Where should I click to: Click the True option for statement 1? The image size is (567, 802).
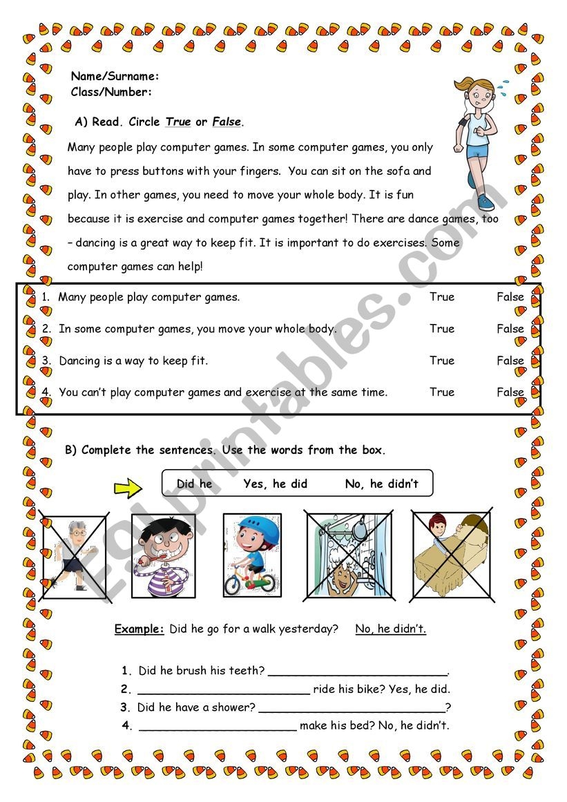point(442,297)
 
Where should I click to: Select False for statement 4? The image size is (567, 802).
point(510,392)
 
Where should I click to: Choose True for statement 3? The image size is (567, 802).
point(442,361)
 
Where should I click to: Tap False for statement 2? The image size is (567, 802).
point(510,329)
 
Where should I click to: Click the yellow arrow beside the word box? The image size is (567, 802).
point(128,488)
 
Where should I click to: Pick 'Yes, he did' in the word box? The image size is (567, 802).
point(276,484)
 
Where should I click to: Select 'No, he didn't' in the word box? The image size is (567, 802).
point(382,484)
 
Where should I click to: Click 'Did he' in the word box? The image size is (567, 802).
point(195,484)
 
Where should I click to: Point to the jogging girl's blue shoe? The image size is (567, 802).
point(486,202)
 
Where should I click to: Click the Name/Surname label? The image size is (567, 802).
point(115,76)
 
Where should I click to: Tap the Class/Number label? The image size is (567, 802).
point(112,92)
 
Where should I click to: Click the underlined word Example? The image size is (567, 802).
point(140,629)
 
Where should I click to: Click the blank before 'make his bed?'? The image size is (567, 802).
point(218,727)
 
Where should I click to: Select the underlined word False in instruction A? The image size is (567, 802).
point(227,122)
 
